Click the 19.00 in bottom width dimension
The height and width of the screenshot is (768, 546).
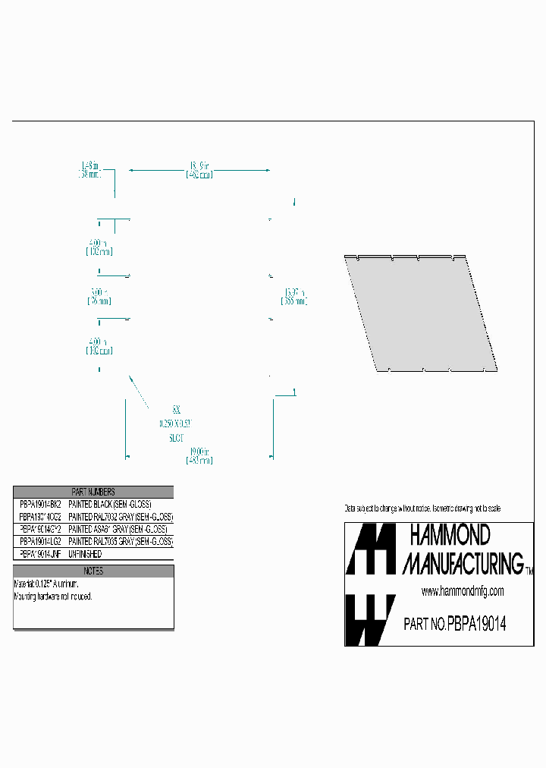point(199,455)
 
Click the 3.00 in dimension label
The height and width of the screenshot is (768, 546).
point(99,296)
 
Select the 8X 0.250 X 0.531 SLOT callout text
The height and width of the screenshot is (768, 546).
point(176,423)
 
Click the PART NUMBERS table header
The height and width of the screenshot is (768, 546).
point(93,492)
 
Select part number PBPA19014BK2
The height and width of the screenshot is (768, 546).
point(39,504)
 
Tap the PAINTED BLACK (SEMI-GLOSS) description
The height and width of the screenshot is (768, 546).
point(110,504)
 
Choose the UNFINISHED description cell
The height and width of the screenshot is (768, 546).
point(85,555)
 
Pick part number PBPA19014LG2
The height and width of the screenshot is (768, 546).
point(39,542)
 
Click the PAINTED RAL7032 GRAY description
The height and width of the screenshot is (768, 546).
point(121,516)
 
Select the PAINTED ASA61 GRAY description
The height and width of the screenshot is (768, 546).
point(118,529)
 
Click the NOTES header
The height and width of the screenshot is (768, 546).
point(93,571)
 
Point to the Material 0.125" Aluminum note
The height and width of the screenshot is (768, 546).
point(46,584)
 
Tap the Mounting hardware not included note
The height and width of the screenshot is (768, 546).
point(53,596)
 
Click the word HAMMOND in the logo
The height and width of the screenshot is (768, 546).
point(450,537)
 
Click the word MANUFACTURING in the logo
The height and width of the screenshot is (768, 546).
point(463,563)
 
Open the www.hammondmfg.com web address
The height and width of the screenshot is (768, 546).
point(462,591)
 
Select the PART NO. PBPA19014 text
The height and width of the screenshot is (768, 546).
point(454,624)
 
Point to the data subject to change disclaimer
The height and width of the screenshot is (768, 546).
point(422,508)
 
